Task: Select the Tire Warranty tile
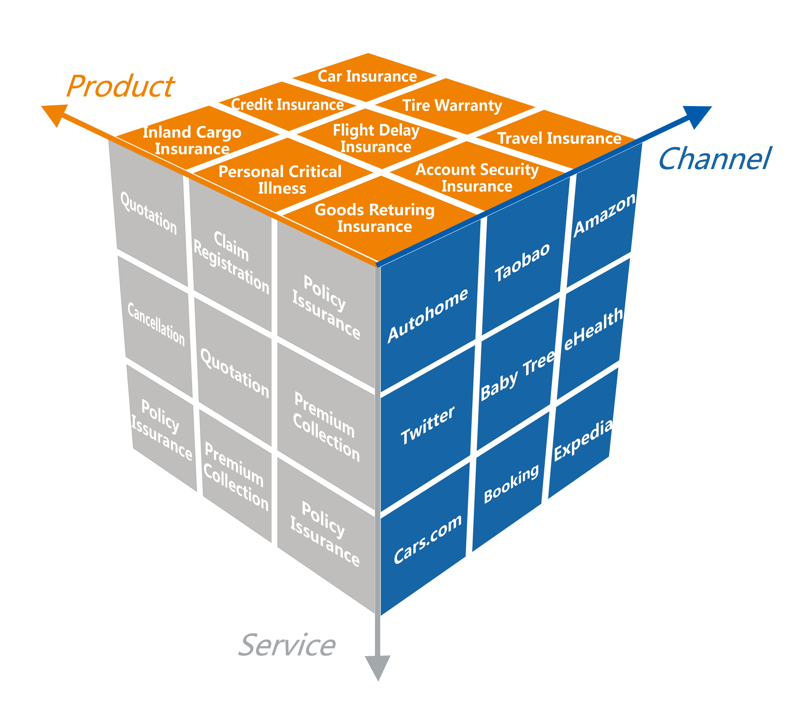452,106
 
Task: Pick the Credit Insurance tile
287,105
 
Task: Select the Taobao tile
522,263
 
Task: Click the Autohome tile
428,315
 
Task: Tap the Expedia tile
582,440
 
